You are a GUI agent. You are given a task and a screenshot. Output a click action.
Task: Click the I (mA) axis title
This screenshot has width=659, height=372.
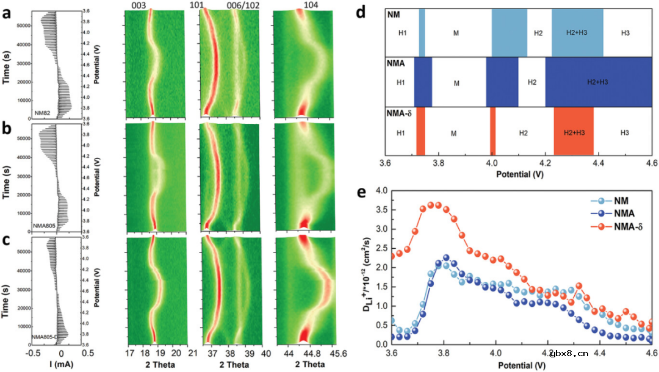click(x=60, y=365)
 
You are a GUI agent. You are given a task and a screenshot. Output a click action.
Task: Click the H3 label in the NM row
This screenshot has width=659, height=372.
click(x=625, y=32)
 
